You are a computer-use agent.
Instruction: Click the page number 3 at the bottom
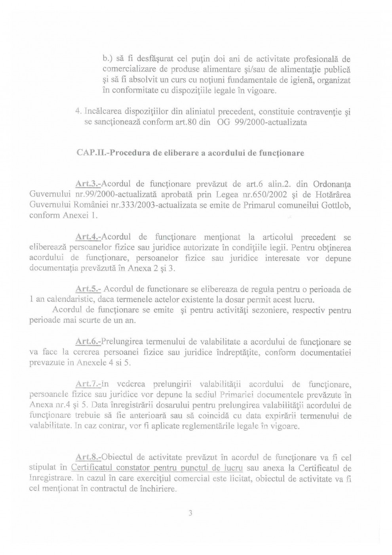190,513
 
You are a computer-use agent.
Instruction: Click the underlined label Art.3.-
88,185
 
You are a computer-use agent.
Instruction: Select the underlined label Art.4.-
88,237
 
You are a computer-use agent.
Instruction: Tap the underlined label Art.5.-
88,289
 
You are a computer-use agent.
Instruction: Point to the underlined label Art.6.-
88,342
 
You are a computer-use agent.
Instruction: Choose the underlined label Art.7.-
88,384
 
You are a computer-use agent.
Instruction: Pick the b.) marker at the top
108,59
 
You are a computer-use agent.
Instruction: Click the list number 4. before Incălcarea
78,112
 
